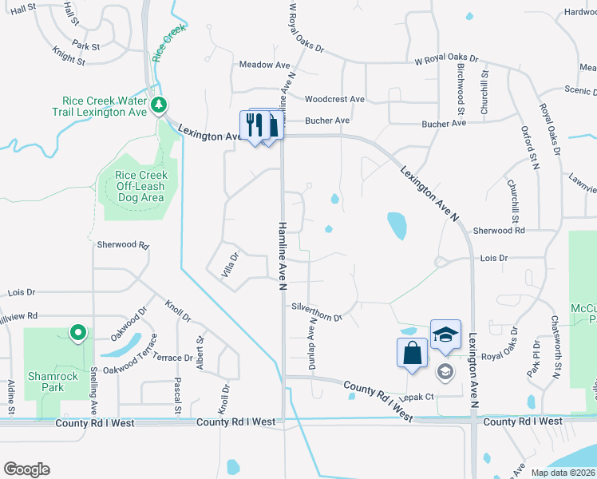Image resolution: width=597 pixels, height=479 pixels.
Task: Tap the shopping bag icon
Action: pyautogui.click(x=411, y=352)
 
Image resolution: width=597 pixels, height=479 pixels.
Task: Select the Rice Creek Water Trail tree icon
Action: pyautogui.click(x=159, y=105)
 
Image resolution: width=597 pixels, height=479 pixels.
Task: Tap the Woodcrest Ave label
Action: pyautogui.click(x=334, y=99)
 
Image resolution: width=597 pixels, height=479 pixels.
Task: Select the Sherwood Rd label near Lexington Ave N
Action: pyautogui.click(x=497, y=230)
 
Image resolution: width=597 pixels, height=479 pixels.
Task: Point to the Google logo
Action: pyautogui.click(x=26, y=469)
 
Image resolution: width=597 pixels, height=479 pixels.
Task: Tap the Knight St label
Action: pyautogui.click(x=69, y=58)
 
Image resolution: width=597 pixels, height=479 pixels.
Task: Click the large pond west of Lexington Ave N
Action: pyautogui.click(x=396, y=225)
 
